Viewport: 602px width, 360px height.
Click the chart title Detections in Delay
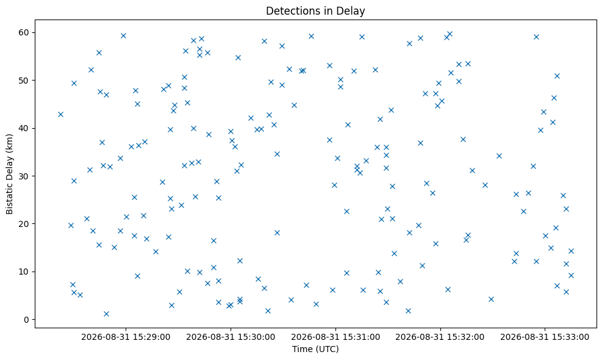click(x=315, y=11)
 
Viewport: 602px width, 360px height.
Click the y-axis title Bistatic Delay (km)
click(x=9, y=174)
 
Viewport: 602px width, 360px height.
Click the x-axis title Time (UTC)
click(x=315, y=349)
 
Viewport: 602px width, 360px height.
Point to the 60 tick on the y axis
click(x=24, y=32)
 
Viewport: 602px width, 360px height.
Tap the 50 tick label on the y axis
click(x=24, y=81)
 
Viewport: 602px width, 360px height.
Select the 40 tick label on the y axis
click(x=24, y=128)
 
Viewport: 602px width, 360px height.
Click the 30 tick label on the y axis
click(x=24, y=176)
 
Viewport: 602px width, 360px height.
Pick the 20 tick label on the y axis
click(x=24, y=223)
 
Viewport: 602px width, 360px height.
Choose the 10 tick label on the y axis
click(x=24, y=272)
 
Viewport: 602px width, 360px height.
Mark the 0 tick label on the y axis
click(x=26, y=319)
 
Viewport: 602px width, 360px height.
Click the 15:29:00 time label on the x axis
click(x=126, y=337)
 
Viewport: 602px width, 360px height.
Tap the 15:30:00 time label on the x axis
click(x=231, y=337)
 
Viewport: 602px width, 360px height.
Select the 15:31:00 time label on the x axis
click(x=335, y=337)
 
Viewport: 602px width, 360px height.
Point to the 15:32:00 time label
click(x=440, y=337)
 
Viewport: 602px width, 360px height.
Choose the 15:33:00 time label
click(x=545, y=337)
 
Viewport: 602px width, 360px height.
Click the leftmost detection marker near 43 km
click(x=60, y=114)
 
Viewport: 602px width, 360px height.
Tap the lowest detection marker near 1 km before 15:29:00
click(x=106, y=314)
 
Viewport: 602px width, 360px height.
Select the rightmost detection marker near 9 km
click(x=571, y=275)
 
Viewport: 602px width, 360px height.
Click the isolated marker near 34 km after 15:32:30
click(x=499, y=156)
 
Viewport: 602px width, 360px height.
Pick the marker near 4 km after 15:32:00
click(x=491, y=300)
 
